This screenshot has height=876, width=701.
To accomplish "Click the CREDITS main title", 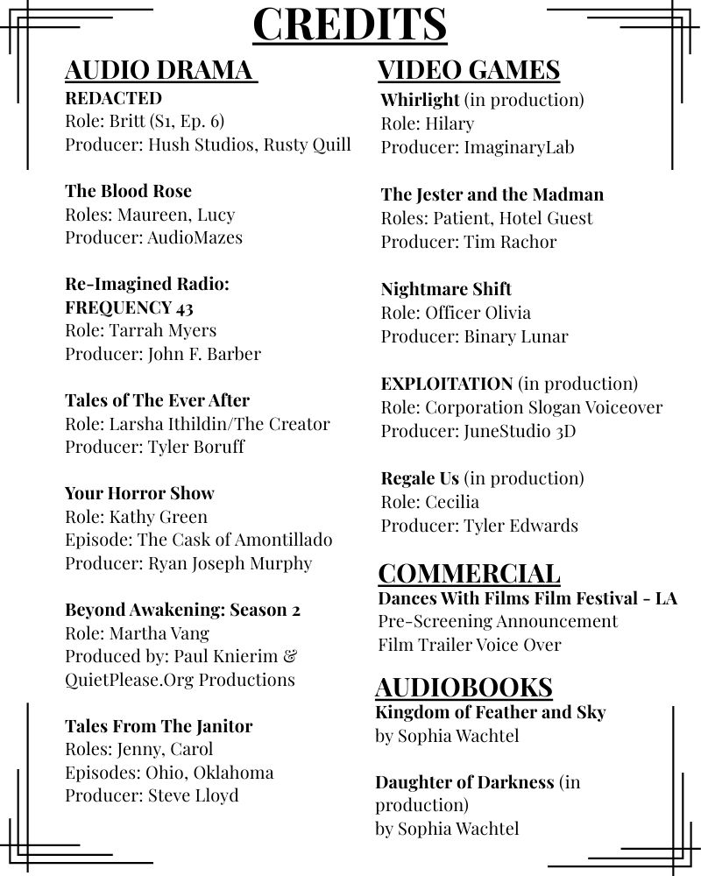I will click(350, 24).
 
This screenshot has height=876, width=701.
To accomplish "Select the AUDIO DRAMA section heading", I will click(160, 70).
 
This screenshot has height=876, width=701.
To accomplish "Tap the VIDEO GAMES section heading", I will click(468, 70).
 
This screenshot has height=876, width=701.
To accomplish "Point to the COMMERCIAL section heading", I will click(469, 574).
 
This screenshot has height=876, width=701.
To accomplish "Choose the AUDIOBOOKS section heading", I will click(464, 687).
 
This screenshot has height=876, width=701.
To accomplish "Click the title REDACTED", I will click(113, 98).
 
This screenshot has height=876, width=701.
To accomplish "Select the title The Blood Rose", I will click(128, 191).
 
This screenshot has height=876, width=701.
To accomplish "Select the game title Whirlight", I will click(420, 100).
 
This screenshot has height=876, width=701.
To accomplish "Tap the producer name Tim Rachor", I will click(509, 241).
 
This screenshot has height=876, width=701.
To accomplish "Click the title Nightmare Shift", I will click(446, 289).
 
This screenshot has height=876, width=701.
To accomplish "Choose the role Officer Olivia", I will click(478, 313).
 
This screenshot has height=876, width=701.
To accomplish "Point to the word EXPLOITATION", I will click(447, 384).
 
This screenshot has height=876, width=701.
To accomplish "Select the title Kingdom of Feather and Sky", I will click(490, 712).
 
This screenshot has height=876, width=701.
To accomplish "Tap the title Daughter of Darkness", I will click(464, 781).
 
